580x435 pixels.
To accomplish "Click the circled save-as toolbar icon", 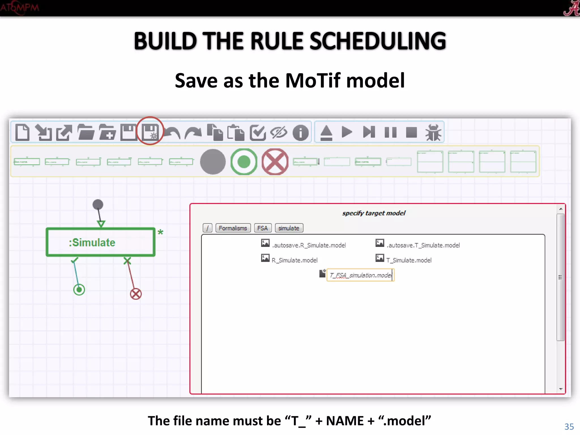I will pyautogui.click(x=150, y=132).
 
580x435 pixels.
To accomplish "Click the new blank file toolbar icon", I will pyautogui.click(x=22, y=132).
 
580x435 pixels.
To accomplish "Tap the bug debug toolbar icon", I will pyautogui.click(x=433, y=132).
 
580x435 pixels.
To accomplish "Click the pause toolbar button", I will pyautogui.click(x=391, y=132).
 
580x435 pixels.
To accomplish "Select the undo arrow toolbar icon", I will pyautogui.click(x=172, y=133).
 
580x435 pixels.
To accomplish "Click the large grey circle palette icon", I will pyautogui.click(x=213, y=162).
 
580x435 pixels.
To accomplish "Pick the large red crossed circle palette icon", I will pyautogui.click(x=275, y=162).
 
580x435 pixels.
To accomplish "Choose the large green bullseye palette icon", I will pyautogui.click(x=244, y=162).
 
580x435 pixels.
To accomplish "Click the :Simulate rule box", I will pyautogui.click(x=101, y=242).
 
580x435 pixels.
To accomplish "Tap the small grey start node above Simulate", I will pyautogui.click(x=98, y=204).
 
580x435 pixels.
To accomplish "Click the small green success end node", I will pyautogui.click(x=79, y=290).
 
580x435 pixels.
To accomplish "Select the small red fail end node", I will pyautogui.click(x=136, y=294).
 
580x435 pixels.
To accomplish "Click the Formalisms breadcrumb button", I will pyautogui.click(x=233, y=228).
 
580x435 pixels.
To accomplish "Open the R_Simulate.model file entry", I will pyautogui.click(x=295, y=260).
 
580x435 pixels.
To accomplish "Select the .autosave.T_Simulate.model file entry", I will pyautogui.click(x=423, y=245).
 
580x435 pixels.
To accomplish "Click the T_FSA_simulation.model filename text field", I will pyautogui.click(x=360, y=275).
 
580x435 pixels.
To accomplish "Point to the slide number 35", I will pyautogui.click(x=569, y=427).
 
